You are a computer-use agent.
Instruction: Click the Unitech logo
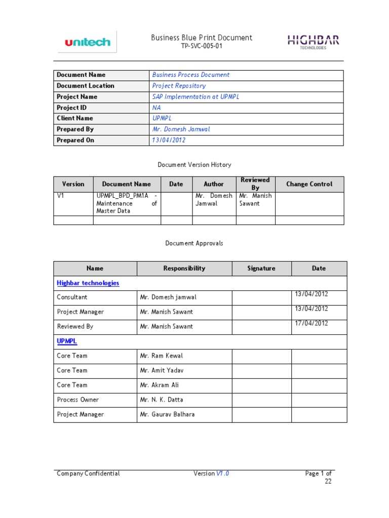(x=87, y=42)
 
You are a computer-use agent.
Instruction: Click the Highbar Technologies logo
(x=314, y=41)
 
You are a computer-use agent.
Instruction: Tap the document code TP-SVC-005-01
(x=202, y=46)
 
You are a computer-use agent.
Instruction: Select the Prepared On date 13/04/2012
(x=169, y=140)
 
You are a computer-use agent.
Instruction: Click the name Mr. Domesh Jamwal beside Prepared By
(x=181, y=129)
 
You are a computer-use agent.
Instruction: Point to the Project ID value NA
(x=156, y=107)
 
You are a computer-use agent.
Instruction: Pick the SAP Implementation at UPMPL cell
(x=196, y=97)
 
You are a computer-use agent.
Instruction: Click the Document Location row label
(x=86, y=85)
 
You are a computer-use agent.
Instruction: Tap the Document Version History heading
(x=194, y=164)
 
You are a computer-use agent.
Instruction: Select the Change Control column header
(x=309, y=184)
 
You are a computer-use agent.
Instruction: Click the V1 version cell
(x=60, y=196)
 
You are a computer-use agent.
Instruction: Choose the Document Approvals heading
(x=194, y=243)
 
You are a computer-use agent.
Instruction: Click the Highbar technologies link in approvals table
(x=88, y=283)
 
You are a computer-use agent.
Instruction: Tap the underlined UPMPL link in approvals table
(x=66, y=341)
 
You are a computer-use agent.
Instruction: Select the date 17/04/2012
(x=311, y=323)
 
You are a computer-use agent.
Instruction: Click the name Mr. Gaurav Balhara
(x=167, y=414)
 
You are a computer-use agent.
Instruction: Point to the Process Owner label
(x=77, y=400)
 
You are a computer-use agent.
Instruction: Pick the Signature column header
(x=261, y=269)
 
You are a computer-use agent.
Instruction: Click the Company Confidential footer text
(x=88, y=473)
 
